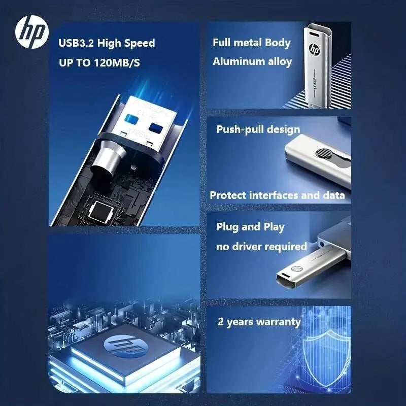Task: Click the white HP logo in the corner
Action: coord(31,33)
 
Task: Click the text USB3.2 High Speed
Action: coord(107,43)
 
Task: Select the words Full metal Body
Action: coord(252,43)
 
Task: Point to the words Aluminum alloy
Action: coord(252,61)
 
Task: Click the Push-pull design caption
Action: coord(258,129)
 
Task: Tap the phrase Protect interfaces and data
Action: coord(277,195)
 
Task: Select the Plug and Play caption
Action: coord(250,226)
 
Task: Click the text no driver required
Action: coord(261,247)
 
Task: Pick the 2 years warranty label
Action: coord(259,322)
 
